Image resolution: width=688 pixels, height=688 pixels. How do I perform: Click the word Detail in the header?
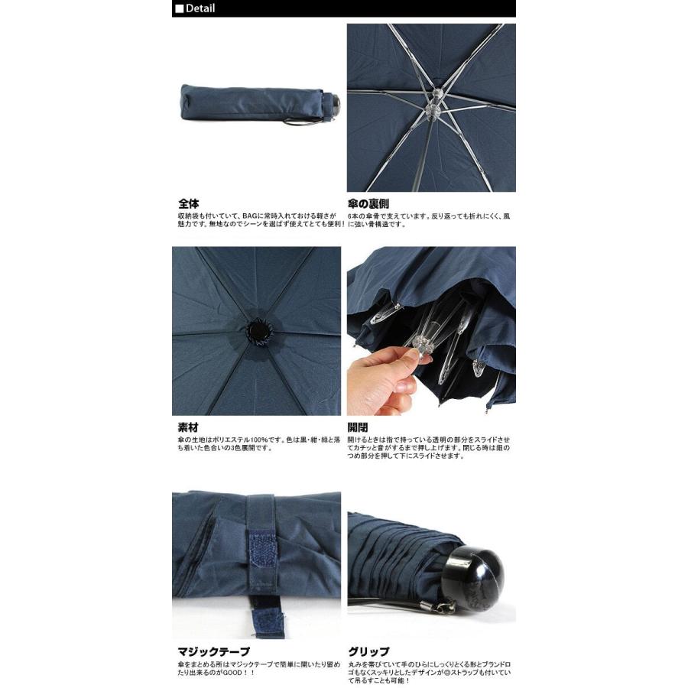[200, 8]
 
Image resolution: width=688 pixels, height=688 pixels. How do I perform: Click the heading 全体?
[189, 204]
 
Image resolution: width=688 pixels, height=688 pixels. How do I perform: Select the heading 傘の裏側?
[368, 204]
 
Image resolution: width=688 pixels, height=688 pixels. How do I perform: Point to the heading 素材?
[188, 428]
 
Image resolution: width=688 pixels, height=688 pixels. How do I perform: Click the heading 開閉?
[357, 428]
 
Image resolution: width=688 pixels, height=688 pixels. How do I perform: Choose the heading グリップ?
[368, 652]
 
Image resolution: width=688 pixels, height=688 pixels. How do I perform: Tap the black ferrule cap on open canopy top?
[256, 330]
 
